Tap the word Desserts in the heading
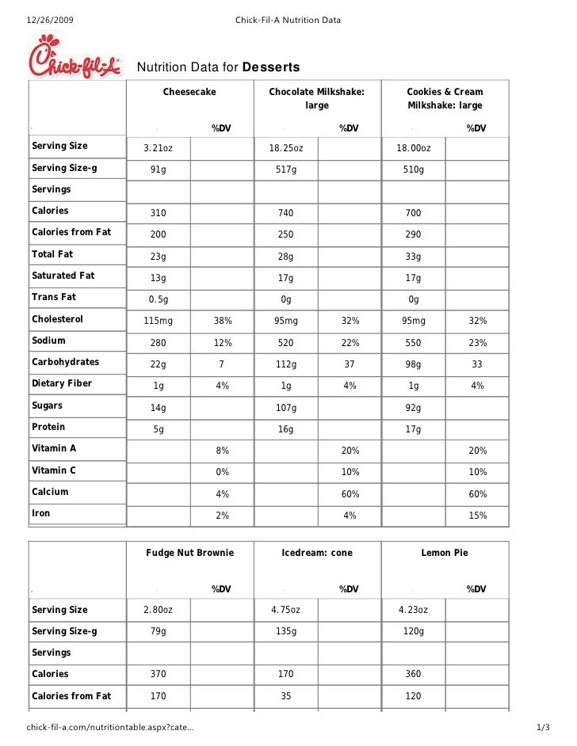click(270, 67)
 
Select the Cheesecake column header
click(189, 93)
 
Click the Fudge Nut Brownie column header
click(189, 553)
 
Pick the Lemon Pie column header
click(445, 553)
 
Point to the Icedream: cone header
click(317, 553)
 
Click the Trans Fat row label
click(54, 297)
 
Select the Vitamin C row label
click(54, 470)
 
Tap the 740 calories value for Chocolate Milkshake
click(285, 213)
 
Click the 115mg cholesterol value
click(159, 321)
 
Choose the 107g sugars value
click(285, 408)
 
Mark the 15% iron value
click(476, 516)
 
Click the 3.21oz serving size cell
click(158, 148)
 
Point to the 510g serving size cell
click(413, 170)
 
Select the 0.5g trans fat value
click(159, 299)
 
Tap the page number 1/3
click(543, 728)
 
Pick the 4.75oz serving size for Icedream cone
click(285, 610)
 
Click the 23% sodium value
click(476, 343)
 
